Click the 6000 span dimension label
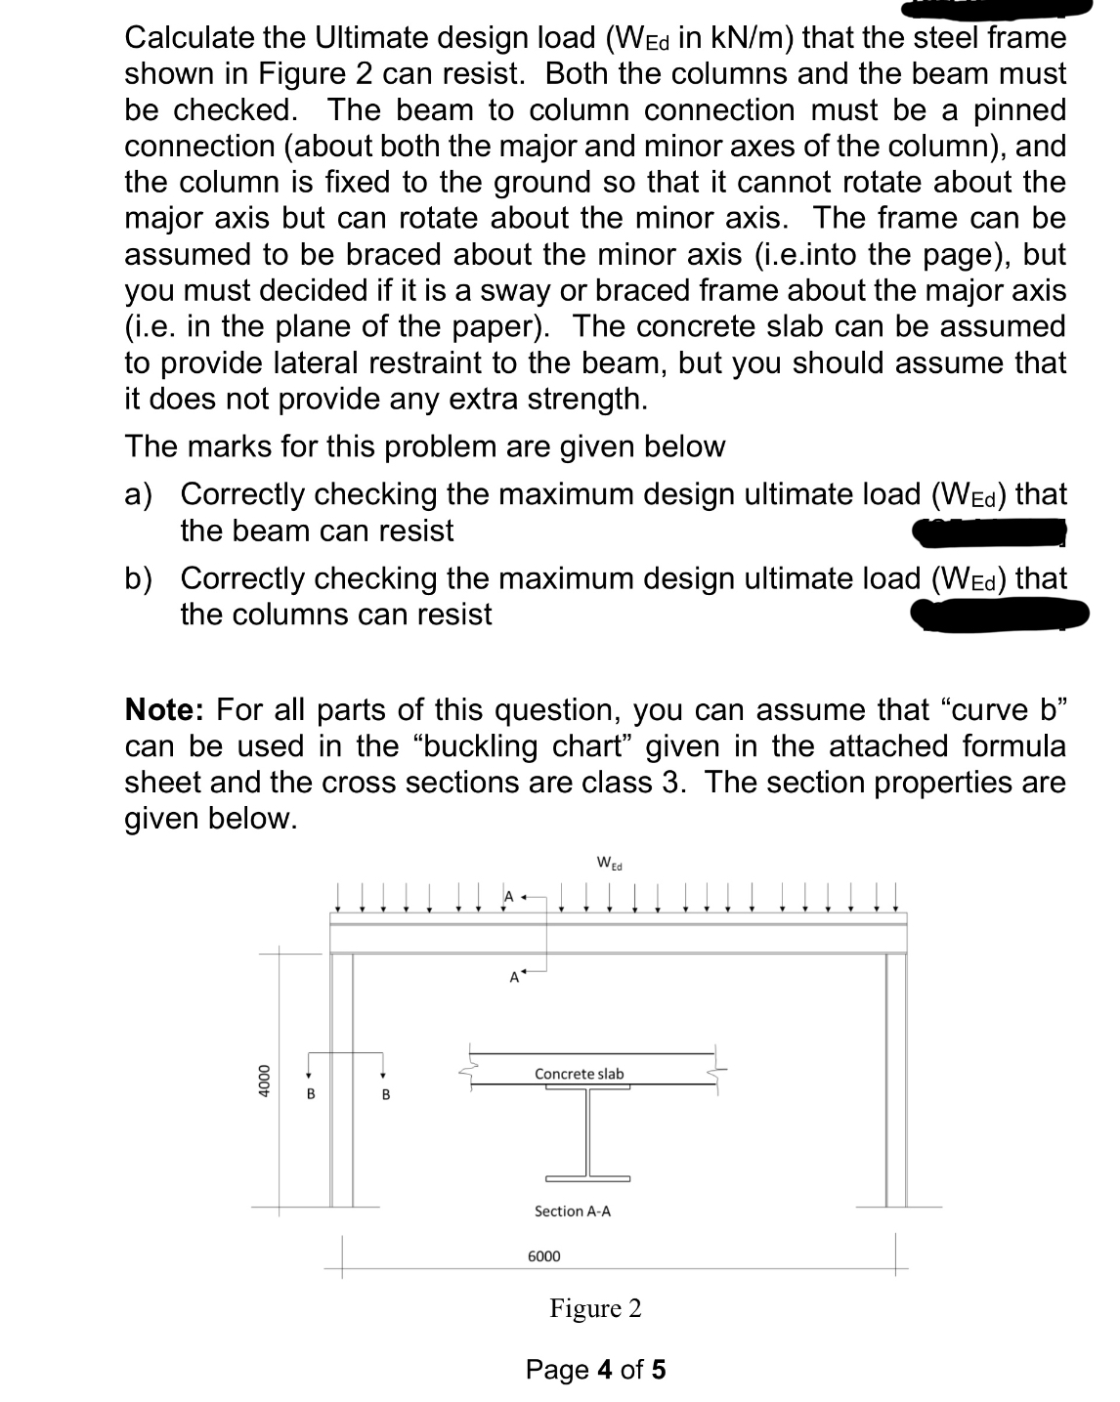tap(544, 1255)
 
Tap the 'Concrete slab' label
tap(579, 1074)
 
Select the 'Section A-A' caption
tap(573, 1211)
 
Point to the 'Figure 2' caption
tap(595, 1308)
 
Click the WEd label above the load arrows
tap(609, 864)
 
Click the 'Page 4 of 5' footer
tap(595, 1369)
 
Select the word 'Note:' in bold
tap(165, 709)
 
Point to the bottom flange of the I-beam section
tap(587, 1178)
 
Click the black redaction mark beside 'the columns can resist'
tap(999, 616)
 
